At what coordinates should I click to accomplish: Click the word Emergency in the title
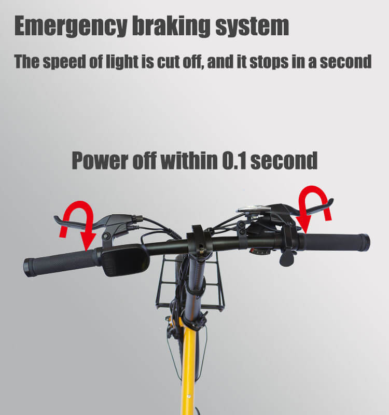click(x=71, y=26)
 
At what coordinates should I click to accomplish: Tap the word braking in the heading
click(x=171, y=26)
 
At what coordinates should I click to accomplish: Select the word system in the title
click(x=252, y=27)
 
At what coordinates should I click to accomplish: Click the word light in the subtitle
click(x=122, y=62)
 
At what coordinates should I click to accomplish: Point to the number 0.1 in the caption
click(x=234, y=161)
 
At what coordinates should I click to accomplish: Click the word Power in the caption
click(x=100, y=161)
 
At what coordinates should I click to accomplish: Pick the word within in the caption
click(x=189, y=160)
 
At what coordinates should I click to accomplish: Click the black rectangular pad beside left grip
click(x=125, y=260)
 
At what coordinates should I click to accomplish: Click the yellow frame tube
click(x=189, y=370)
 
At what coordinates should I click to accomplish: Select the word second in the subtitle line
click(x=345, y=62)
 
